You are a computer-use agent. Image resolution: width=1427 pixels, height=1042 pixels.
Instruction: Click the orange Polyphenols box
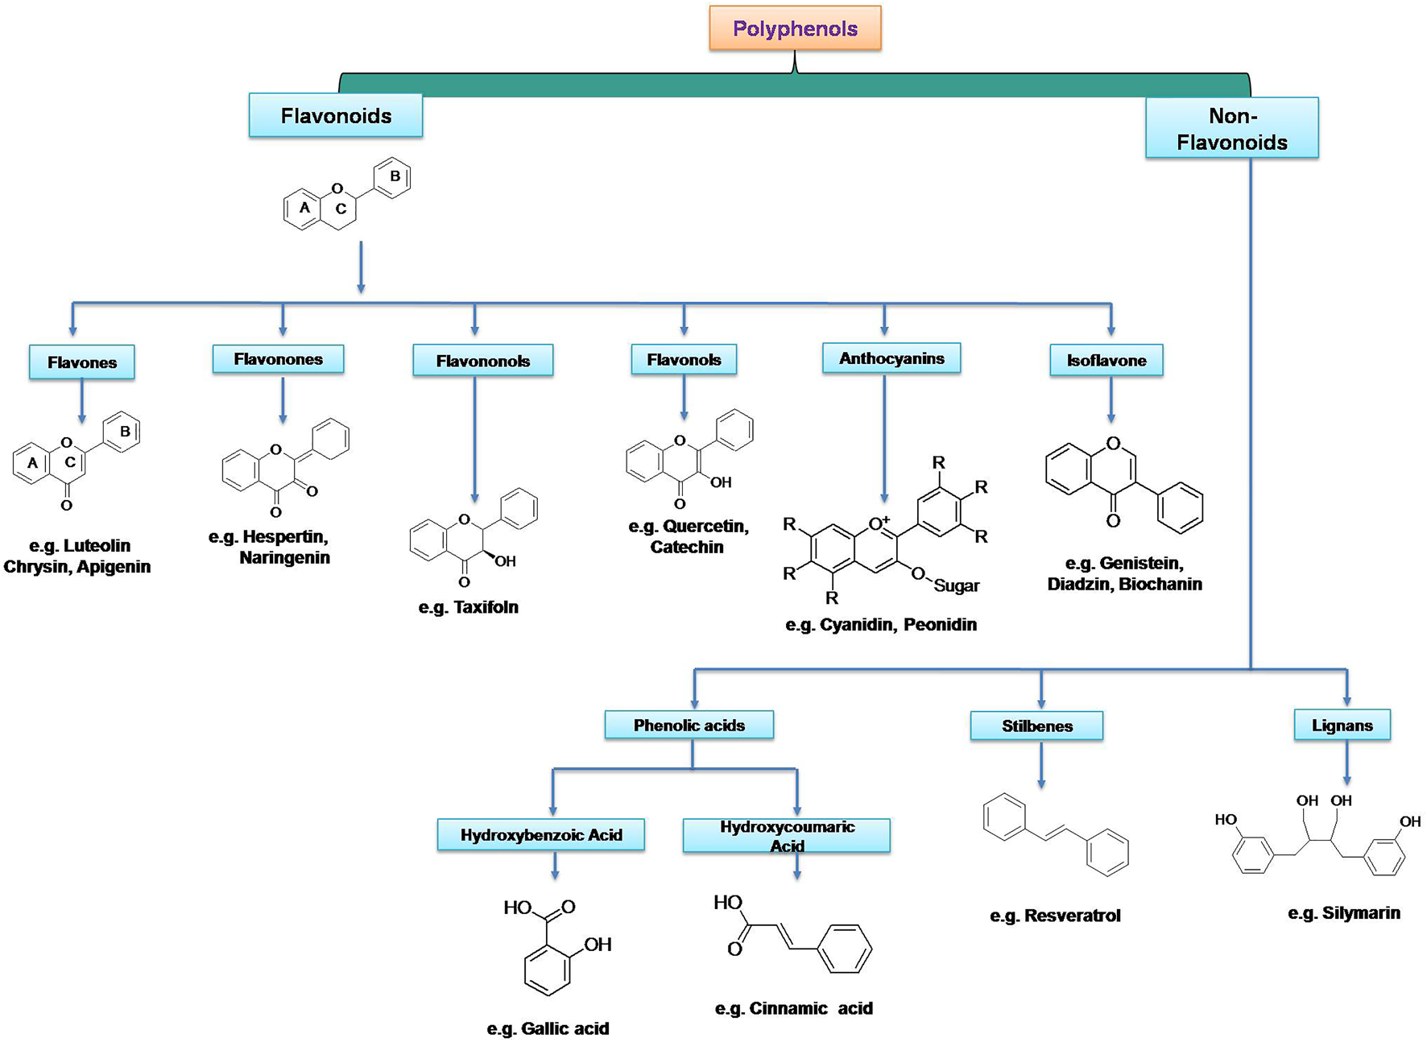[x=795, y=29]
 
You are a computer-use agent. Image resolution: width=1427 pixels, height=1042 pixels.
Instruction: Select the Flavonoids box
[x=336, y=116]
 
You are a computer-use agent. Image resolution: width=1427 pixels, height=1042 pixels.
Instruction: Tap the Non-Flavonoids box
[x=1231, y=129]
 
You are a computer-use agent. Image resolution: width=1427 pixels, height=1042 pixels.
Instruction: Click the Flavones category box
[x=81, y=362]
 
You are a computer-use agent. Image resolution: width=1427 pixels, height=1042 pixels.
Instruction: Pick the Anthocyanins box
[x=891, y=358]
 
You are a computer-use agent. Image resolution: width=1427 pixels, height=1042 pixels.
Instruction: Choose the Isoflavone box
[x=1106, y=361]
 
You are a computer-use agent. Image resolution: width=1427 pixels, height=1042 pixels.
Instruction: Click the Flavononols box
[x=482, y=361]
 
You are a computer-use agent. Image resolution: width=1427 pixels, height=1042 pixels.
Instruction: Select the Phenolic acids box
[x=689, y=725]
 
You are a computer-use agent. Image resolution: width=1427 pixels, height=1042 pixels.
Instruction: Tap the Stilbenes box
[x=1036, y=726]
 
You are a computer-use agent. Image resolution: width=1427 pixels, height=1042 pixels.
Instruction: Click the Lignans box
[x=1342, y=725]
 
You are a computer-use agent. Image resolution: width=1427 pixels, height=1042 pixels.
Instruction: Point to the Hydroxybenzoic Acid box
[x=540, y=835]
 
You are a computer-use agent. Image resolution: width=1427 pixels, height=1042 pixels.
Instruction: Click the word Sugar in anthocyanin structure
[x=957, y=586]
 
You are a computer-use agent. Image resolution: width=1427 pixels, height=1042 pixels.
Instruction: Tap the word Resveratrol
[x=1072, y=916]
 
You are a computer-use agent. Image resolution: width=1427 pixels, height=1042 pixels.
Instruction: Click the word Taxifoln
[x=486, y=607]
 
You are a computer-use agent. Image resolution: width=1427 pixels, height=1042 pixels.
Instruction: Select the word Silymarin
[x=1361, y=913]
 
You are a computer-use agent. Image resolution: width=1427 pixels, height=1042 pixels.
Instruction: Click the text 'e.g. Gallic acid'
[x=548, y=1028]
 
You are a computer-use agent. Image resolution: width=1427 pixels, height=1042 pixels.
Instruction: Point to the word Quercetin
[x=705, y=527]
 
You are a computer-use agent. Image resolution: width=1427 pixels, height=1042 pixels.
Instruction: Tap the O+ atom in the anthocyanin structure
[x=879, y=523]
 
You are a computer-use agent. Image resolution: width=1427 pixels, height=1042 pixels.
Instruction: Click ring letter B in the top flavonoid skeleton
[x=395, y=176]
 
